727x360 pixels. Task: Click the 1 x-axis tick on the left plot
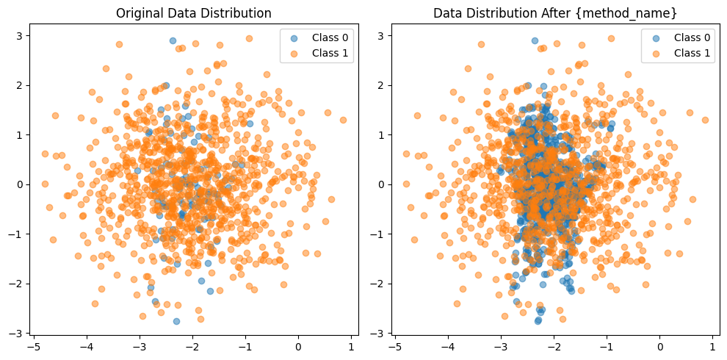351,346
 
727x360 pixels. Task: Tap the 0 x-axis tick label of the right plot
659,346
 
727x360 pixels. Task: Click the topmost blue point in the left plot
173,41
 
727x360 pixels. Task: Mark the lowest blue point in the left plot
176,321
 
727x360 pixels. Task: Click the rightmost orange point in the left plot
343,120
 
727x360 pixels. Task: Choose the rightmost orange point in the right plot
705,120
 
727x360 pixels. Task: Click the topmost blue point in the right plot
535,41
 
